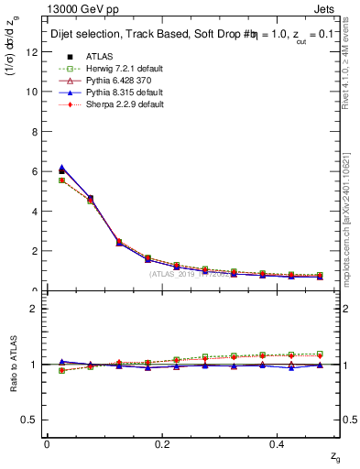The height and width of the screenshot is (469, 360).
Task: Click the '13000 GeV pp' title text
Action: [72, 8]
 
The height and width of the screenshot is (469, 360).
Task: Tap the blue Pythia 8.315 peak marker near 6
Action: [61, 168]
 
